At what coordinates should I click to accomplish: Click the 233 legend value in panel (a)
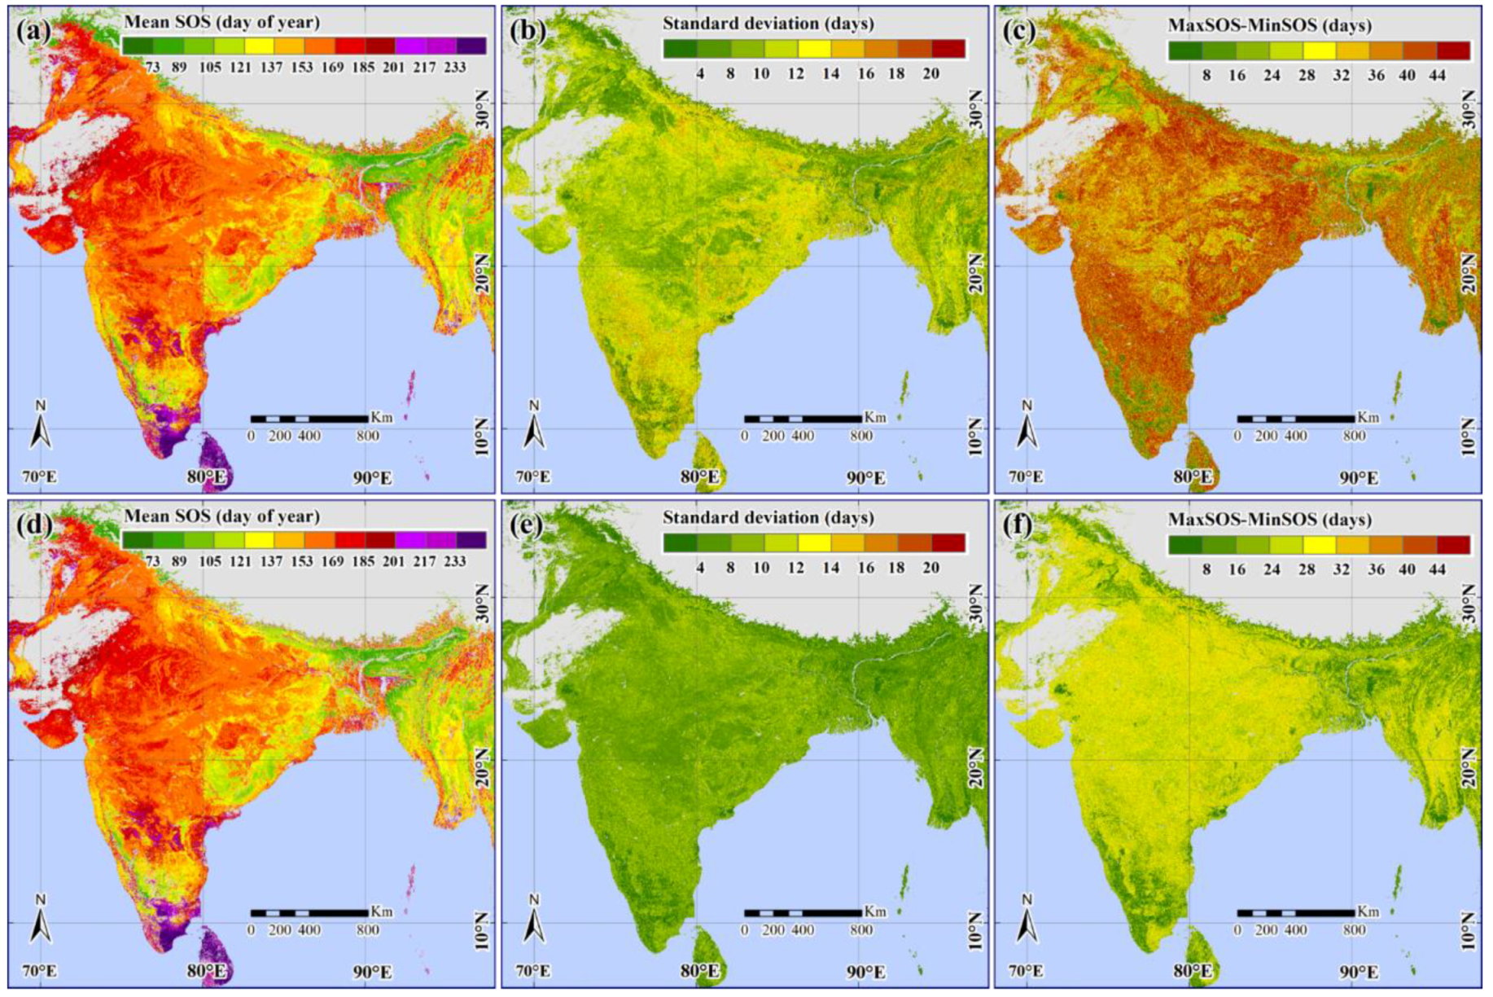[454, 67]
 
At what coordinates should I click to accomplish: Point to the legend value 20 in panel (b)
[930, 73]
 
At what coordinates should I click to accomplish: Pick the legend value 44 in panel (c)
[1436, 75]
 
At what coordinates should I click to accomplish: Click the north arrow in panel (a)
[41, 425]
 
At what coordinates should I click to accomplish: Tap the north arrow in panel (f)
[1027, 919]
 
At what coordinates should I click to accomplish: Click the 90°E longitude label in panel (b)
[865, 477]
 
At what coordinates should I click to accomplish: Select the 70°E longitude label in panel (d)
[39, 971]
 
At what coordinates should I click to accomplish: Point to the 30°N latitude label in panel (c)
[1468, 109]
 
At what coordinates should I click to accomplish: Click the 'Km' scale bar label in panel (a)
[381, 417]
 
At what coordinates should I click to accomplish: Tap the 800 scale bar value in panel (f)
[1355, 929]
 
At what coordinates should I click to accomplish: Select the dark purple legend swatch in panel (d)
[471, 539]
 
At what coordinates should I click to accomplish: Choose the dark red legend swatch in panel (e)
[948, 542]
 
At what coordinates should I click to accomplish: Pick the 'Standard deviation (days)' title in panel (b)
[768, 24]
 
